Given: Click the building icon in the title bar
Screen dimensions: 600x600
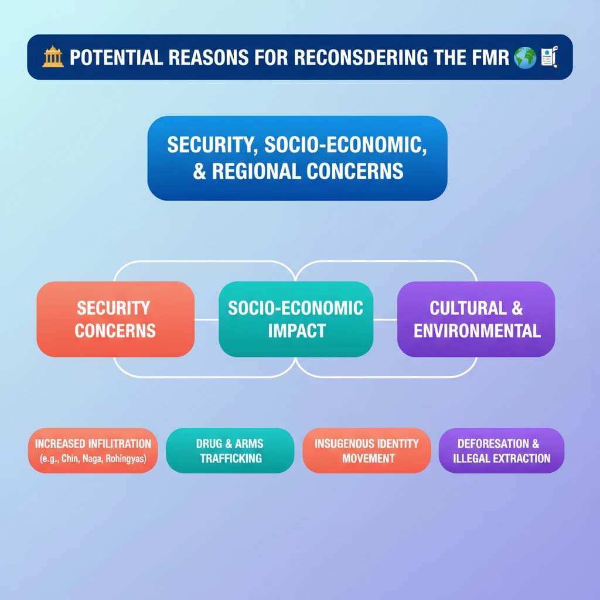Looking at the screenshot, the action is tap(53, 57).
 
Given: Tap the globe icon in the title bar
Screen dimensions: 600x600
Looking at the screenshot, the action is tap(524, 57).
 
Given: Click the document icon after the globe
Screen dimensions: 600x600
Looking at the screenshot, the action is tap(549, 57).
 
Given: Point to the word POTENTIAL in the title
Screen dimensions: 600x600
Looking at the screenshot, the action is tap(117, 57).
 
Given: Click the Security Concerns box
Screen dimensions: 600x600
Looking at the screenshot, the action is tap(115, 319).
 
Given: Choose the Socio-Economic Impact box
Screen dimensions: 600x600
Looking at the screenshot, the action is tap(296, 319).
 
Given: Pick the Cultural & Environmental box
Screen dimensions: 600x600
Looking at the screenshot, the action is tap(476, 319).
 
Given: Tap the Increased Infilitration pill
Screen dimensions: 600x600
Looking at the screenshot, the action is tap(93, 451).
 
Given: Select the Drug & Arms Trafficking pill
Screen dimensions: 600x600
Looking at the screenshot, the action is tap(230, 451).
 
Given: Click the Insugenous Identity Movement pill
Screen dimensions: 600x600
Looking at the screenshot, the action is tap(367, 451).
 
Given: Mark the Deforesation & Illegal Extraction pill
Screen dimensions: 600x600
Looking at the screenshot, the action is tap(502, 451).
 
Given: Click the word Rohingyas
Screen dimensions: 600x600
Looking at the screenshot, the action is tap(126, 458).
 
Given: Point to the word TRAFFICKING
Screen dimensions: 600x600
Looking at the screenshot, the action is tap(231, 458).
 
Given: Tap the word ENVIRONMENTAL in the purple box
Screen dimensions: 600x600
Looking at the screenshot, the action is tap(477, 331).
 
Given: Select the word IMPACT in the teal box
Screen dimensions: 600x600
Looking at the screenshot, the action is tap(297, 331).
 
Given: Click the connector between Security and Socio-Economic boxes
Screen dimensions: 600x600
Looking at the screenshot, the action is tap(207, 319).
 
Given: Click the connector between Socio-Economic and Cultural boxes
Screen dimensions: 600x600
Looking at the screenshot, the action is tap(386, 319).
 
